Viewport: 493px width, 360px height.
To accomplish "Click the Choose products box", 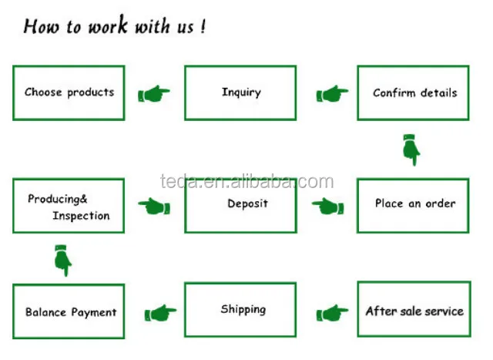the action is point(69,93).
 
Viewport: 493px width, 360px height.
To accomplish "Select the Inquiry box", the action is point(240,93).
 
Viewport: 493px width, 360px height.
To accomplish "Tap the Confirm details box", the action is point(413,93).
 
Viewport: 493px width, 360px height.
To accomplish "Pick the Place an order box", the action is point(413,206).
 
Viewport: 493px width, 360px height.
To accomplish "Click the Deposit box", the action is point(240,206).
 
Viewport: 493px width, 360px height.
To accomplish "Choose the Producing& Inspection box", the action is point(69,206).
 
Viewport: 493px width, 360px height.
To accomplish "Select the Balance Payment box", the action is point(69,311).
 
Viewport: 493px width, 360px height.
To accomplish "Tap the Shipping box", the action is point(240,310).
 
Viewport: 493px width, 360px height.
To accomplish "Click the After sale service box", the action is point(414,309).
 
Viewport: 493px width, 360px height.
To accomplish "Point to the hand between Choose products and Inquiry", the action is point(154,93).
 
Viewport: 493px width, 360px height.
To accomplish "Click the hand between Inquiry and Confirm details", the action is point(332,93).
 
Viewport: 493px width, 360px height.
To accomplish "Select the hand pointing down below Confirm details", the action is point(411,150).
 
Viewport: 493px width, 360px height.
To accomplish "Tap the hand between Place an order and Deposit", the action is point(327,206).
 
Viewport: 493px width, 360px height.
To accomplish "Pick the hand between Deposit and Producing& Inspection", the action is point(154,206).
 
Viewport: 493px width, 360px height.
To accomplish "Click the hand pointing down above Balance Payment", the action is point(63,261).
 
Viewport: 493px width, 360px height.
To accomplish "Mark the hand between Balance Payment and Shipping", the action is point(160,313).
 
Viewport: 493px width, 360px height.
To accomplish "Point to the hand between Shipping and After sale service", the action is point(332,313).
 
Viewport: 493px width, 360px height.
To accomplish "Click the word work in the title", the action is point(108,25).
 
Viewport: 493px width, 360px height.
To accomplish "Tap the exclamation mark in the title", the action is point(203,25).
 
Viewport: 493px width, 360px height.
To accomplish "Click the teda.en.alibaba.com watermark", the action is point(247,182).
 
